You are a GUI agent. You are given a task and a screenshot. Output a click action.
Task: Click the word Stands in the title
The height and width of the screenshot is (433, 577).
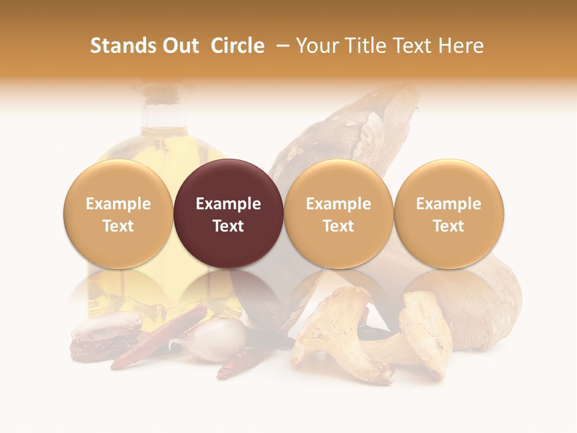(119, 46)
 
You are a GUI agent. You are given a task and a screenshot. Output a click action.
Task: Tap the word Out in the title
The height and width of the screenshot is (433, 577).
(179, 46)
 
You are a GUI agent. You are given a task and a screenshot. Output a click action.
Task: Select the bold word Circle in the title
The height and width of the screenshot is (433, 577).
(237, 46)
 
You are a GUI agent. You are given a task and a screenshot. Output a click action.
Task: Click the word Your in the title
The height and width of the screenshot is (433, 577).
(316, 46)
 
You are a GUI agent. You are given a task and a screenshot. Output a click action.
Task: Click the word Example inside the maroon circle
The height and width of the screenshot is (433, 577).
(228, 204)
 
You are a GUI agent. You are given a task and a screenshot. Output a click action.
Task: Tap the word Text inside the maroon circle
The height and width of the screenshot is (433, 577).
(228, 226)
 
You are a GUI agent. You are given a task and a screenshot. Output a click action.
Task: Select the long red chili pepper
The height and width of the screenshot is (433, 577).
(160, 337)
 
